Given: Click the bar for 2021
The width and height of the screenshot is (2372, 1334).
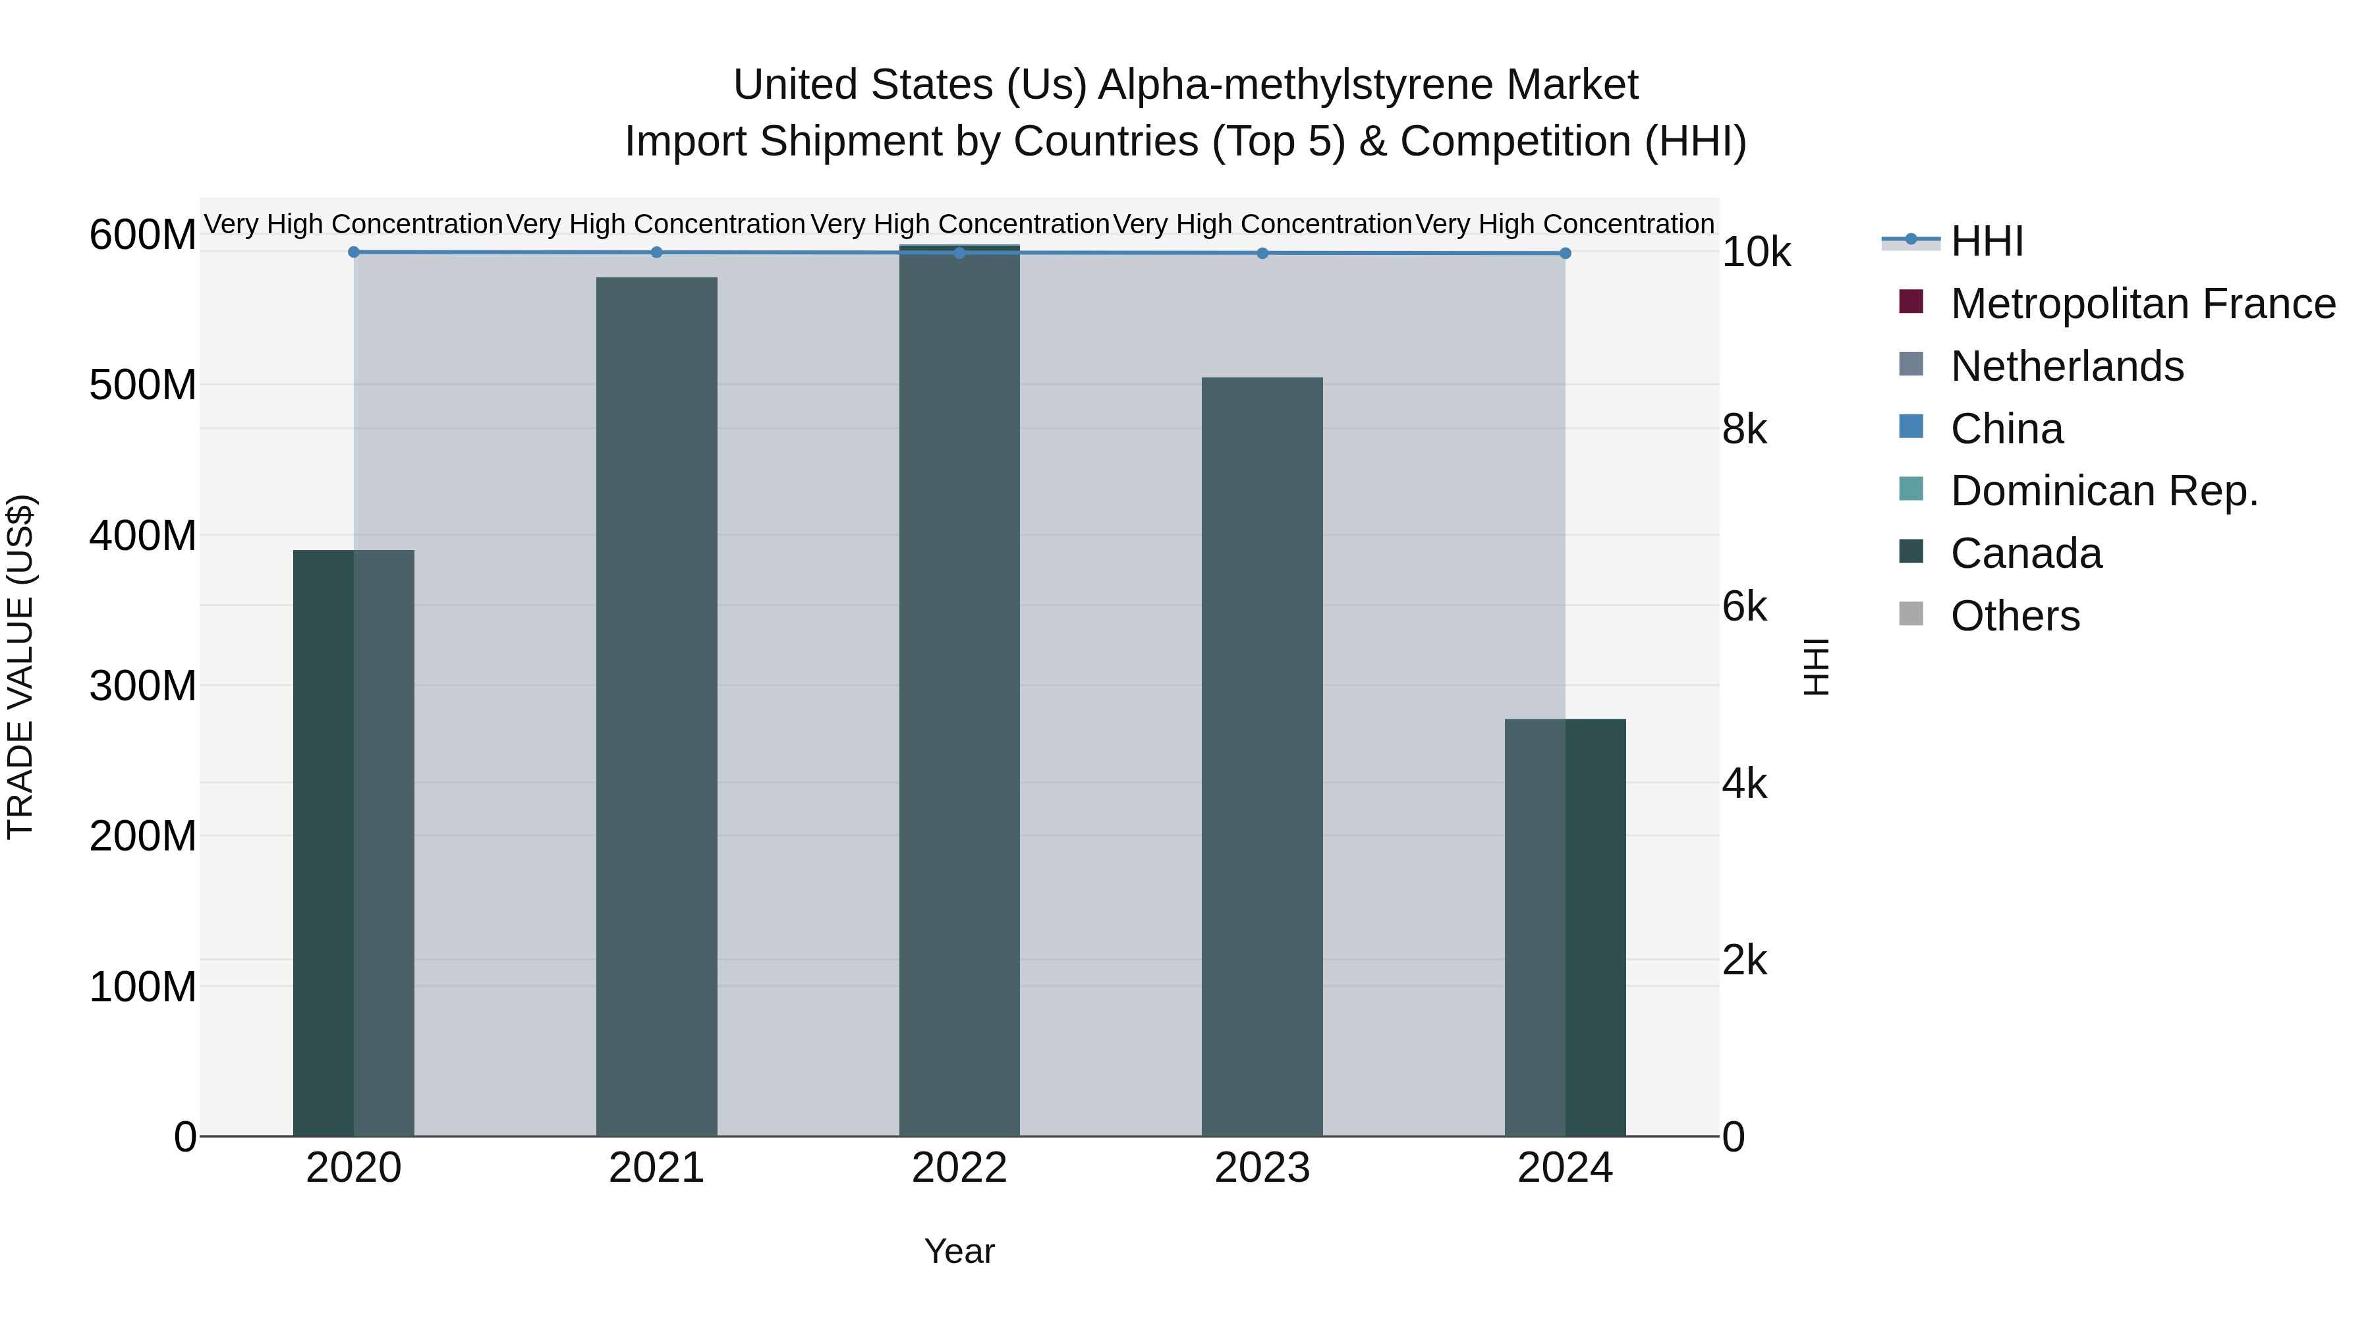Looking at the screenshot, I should (x=656, y=706).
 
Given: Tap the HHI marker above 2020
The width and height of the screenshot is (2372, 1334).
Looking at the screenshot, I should (x=354, y=252).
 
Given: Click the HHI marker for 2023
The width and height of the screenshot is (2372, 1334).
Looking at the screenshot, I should (x=1262, y=253).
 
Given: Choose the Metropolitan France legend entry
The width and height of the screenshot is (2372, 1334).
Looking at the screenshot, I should (x=2142, y=304).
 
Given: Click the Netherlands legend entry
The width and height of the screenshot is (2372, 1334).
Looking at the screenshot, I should (x=2066, y=366).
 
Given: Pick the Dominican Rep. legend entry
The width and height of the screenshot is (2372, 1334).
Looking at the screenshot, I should (x=2104, y=491).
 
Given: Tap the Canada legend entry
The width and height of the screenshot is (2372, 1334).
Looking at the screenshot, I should (x=2026, y=553).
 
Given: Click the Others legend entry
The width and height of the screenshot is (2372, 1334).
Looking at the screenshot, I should (x=2015, y=616).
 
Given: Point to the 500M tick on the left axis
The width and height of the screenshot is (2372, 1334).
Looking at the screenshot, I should (x=143, y=385).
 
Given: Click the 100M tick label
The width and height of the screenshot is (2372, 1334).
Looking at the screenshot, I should (x=143, y=987).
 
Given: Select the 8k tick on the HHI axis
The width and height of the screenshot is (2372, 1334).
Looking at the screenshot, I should (x=1744, y=430).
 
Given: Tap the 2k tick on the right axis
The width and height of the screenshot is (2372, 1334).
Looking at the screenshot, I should (x=1744, y=960).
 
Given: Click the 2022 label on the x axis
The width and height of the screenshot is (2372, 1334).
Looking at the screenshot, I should (x=959, y=1168).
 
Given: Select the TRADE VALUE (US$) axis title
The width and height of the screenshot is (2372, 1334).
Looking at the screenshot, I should (x=20, y=667).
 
